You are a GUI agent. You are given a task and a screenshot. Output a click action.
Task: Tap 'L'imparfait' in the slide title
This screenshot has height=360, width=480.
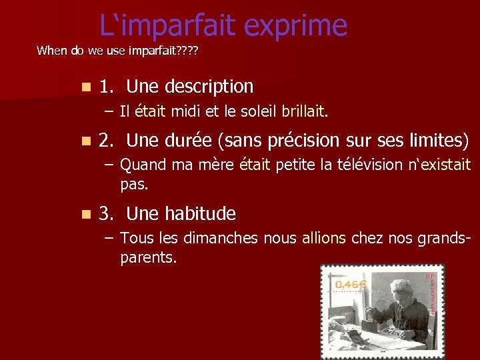[168, 26]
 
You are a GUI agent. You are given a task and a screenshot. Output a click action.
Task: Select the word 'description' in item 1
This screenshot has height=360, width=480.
[209, 87]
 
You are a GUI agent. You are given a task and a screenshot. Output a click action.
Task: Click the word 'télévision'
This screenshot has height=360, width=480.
[361, 164]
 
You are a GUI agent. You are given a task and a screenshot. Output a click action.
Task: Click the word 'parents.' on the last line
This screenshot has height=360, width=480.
[149, 257]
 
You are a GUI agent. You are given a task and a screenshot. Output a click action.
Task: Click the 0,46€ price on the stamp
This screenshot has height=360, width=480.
[351, 285]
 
